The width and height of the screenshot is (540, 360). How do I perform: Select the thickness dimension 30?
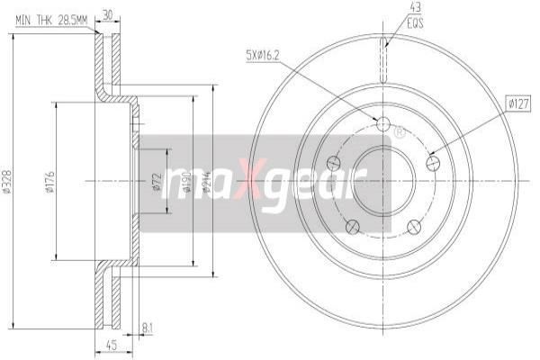click(x=109, y=14)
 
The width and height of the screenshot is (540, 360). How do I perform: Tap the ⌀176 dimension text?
click(x=50, y=185)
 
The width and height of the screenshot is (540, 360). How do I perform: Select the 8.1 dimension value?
click(x=147, y=329)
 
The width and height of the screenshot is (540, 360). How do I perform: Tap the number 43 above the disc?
click(x=391, y=6)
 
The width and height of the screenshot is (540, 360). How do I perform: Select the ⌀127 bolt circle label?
click(x=517, y=105)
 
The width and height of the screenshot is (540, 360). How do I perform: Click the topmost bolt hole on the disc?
click(x=382, y=124)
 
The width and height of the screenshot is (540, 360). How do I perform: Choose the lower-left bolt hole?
click(x=353, y=224)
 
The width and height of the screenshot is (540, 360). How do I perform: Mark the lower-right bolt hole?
click(x=413, y=225)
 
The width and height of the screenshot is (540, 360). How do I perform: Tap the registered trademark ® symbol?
click(x=400, y=132)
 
